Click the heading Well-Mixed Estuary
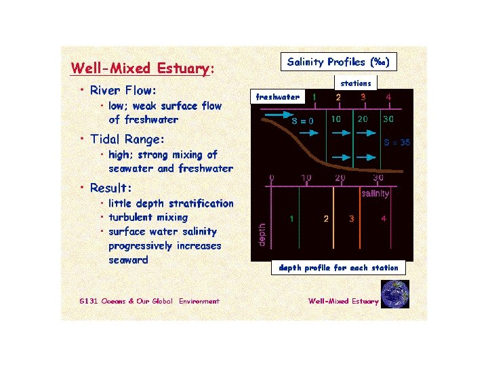142,68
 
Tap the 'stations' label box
355,83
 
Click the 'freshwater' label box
277,97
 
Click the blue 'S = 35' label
397,143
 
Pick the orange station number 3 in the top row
363,97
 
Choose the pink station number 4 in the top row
388,97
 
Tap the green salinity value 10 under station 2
335,118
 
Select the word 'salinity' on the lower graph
375,194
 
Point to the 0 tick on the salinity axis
271,178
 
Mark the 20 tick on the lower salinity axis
340,178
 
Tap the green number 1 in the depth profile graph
291,219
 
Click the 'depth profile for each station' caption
338,268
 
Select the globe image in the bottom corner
394,294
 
